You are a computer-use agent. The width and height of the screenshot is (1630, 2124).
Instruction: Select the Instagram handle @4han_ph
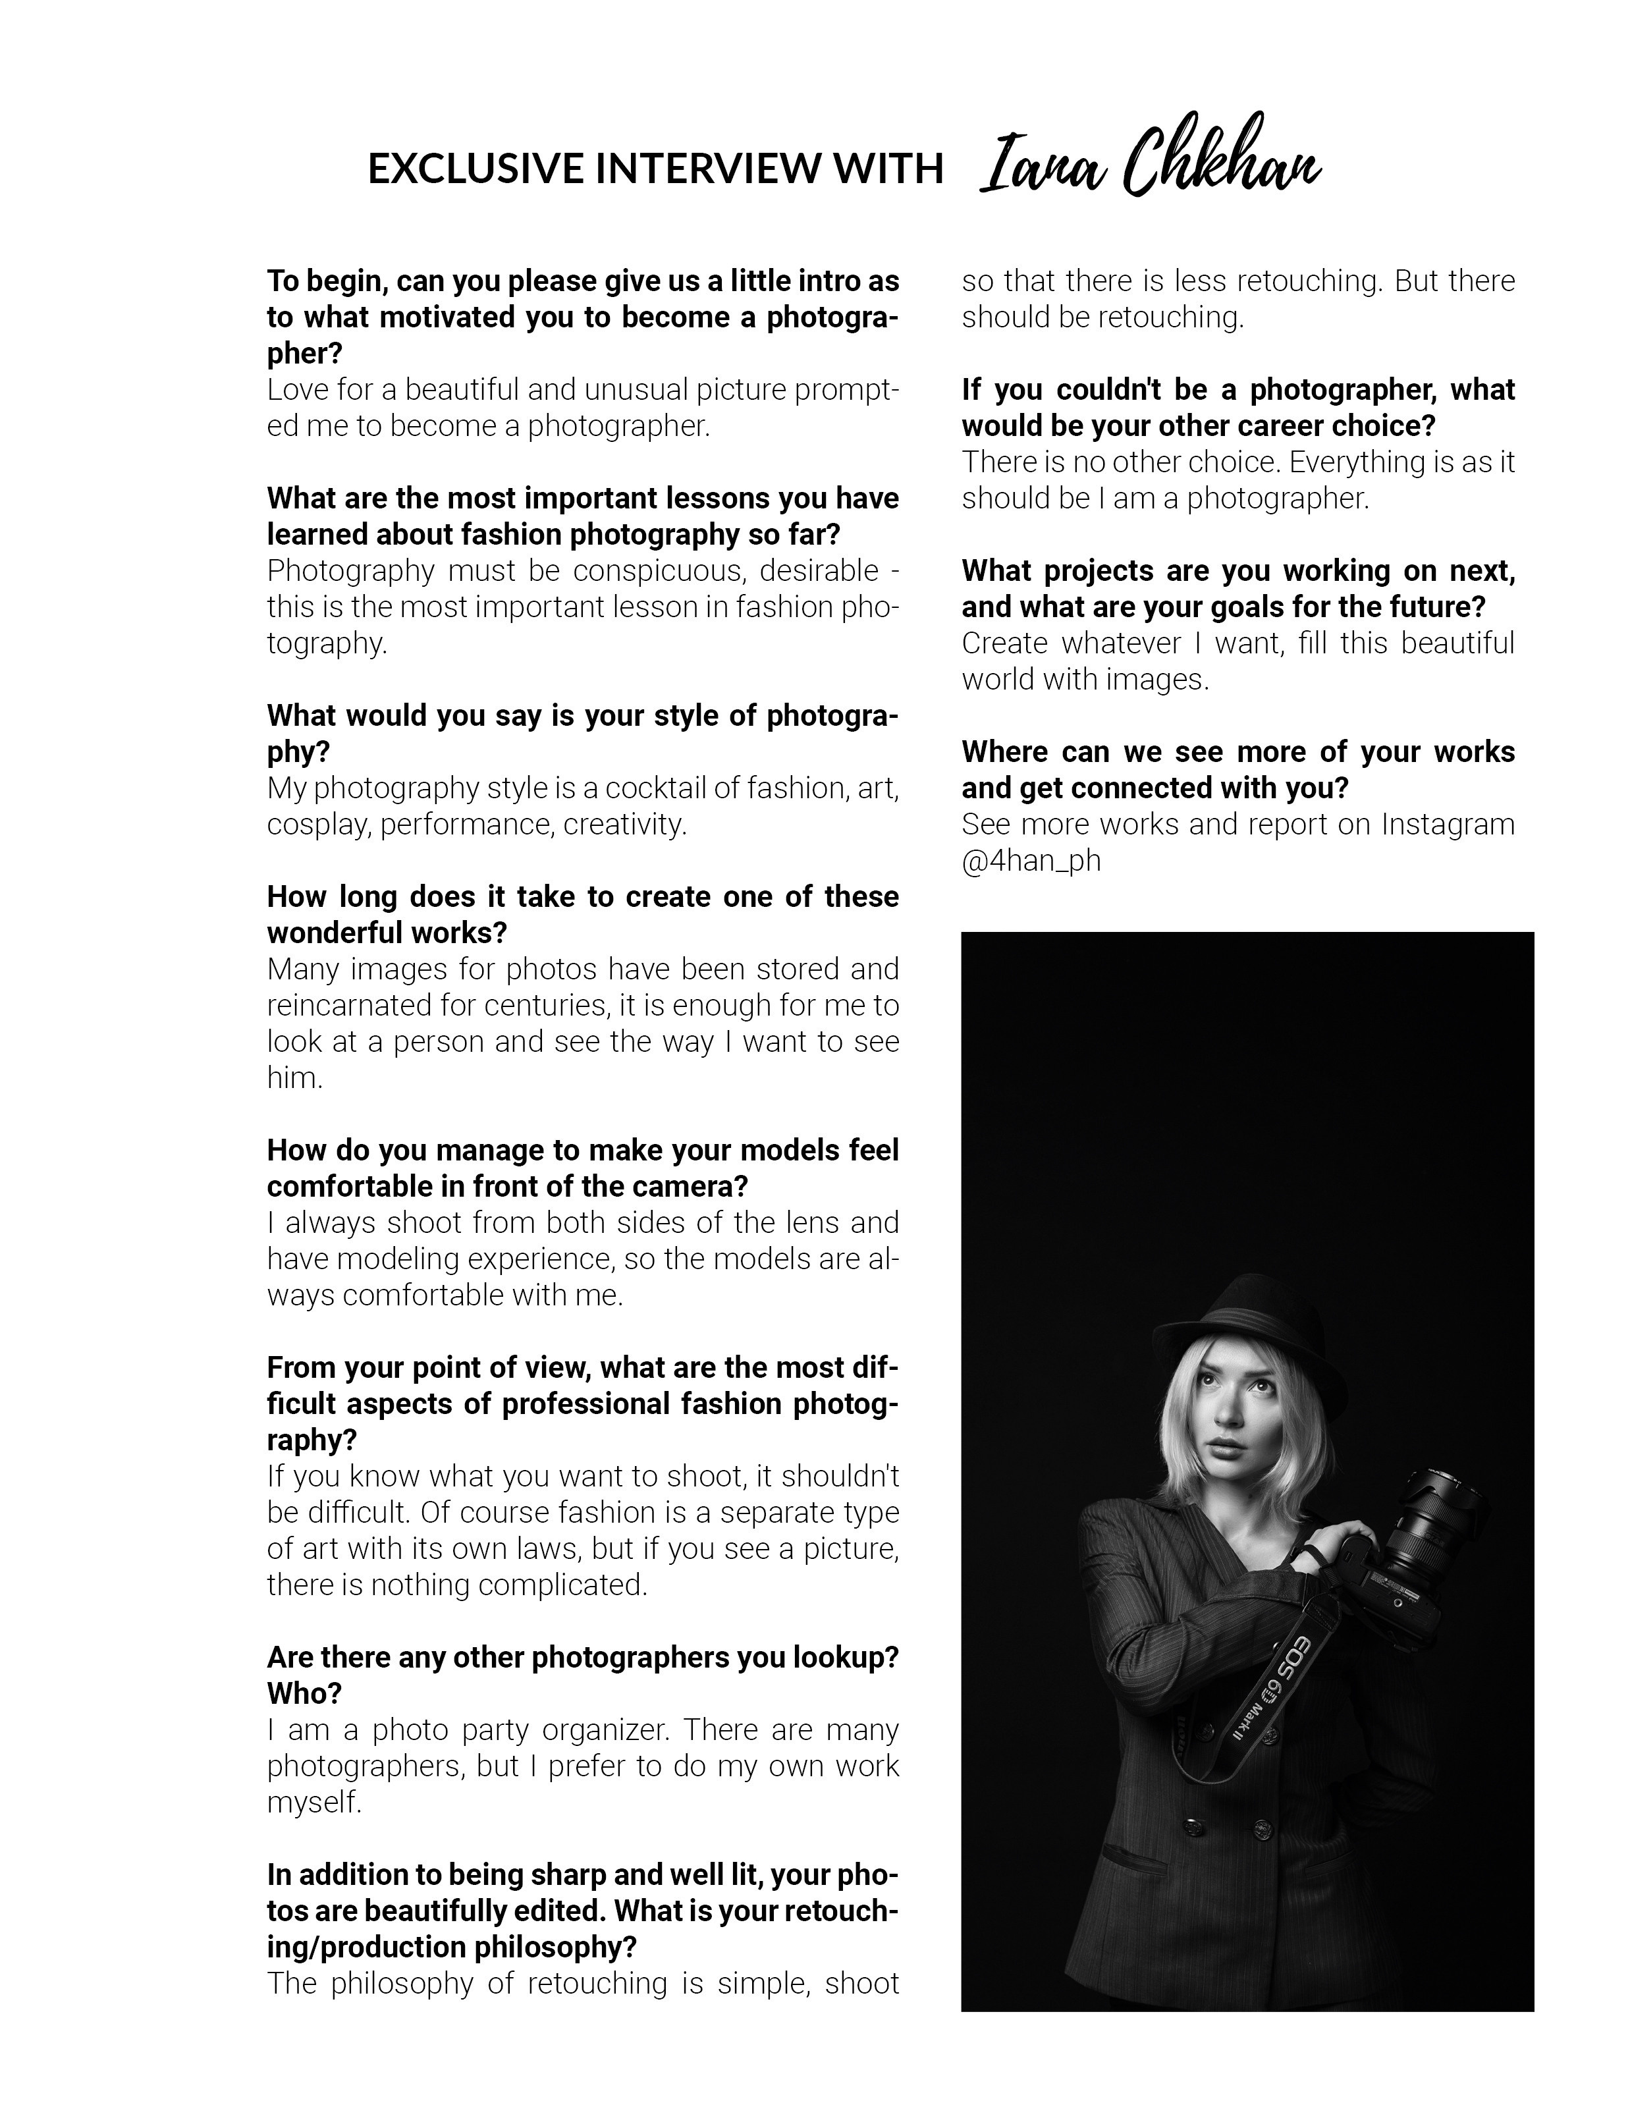[1031, 861]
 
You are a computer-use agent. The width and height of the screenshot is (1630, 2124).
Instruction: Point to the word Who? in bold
[305, 1693]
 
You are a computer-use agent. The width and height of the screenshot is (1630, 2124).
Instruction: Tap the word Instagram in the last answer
[1448, 824]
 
